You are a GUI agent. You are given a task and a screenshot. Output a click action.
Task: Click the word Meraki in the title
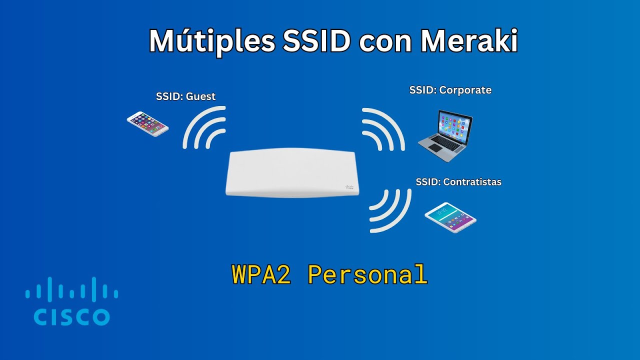468,41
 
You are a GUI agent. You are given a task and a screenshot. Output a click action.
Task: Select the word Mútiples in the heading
212,41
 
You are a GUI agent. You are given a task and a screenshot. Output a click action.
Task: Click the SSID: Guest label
185,96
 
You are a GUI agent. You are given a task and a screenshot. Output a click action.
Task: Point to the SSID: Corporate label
450,90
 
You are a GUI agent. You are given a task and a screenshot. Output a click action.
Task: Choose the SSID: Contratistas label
458,182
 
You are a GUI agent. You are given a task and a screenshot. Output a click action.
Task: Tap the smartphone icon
147,123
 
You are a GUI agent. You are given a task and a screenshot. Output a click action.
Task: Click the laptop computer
445,135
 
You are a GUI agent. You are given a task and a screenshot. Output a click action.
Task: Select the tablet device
450,218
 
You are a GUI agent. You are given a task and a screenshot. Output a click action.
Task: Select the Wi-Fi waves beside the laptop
382,128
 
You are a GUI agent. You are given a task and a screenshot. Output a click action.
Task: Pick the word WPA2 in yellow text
261,274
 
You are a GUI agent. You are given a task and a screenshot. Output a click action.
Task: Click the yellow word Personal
367,274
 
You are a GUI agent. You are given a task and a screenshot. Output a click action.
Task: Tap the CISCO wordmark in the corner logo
71,316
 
